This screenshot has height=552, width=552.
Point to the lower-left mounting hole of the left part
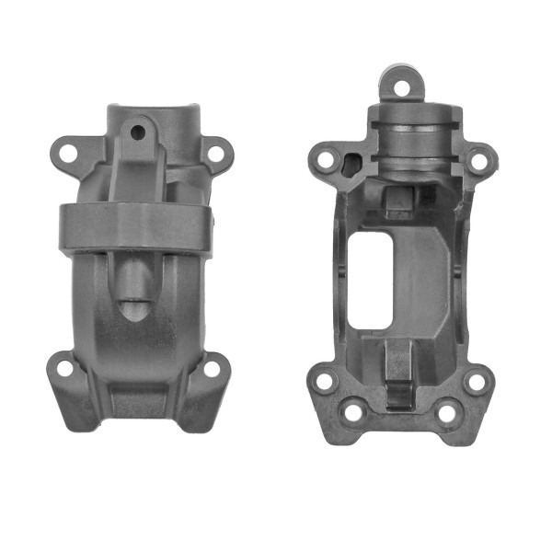point(64,369)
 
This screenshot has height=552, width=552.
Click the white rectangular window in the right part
point(373,281)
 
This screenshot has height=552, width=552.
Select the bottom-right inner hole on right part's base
point(446,413)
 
